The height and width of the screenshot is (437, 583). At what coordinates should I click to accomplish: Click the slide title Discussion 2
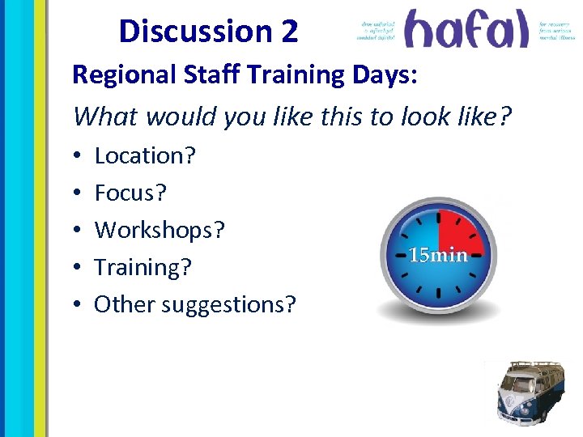[x=208, y=32]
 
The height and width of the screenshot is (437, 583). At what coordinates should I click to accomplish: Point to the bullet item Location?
[x=145, y=155]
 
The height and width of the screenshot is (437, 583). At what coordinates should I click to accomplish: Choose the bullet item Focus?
[x=131, y=193]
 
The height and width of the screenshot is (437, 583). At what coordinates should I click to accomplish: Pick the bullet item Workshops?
[x=160, y=230]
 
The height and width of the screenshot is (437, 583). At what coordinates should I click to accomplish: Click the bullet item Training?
[x=143, y=267]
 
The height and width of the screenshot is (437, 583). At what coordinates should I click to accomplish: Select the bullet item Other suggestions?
[x=195, y=304]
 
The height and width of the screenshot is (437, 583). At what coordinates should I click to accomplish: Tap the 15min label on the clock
[x=439, y=256]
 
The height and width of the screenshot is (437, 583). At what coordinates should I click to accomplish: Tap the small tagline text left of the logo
[x=377, y=31]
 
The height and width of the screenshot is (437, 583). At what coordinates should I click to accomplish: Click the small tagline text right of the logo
[x=557, y=31]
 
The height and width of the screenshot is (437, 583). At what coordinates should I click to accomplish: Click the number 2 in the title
[x=290, y=32]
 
